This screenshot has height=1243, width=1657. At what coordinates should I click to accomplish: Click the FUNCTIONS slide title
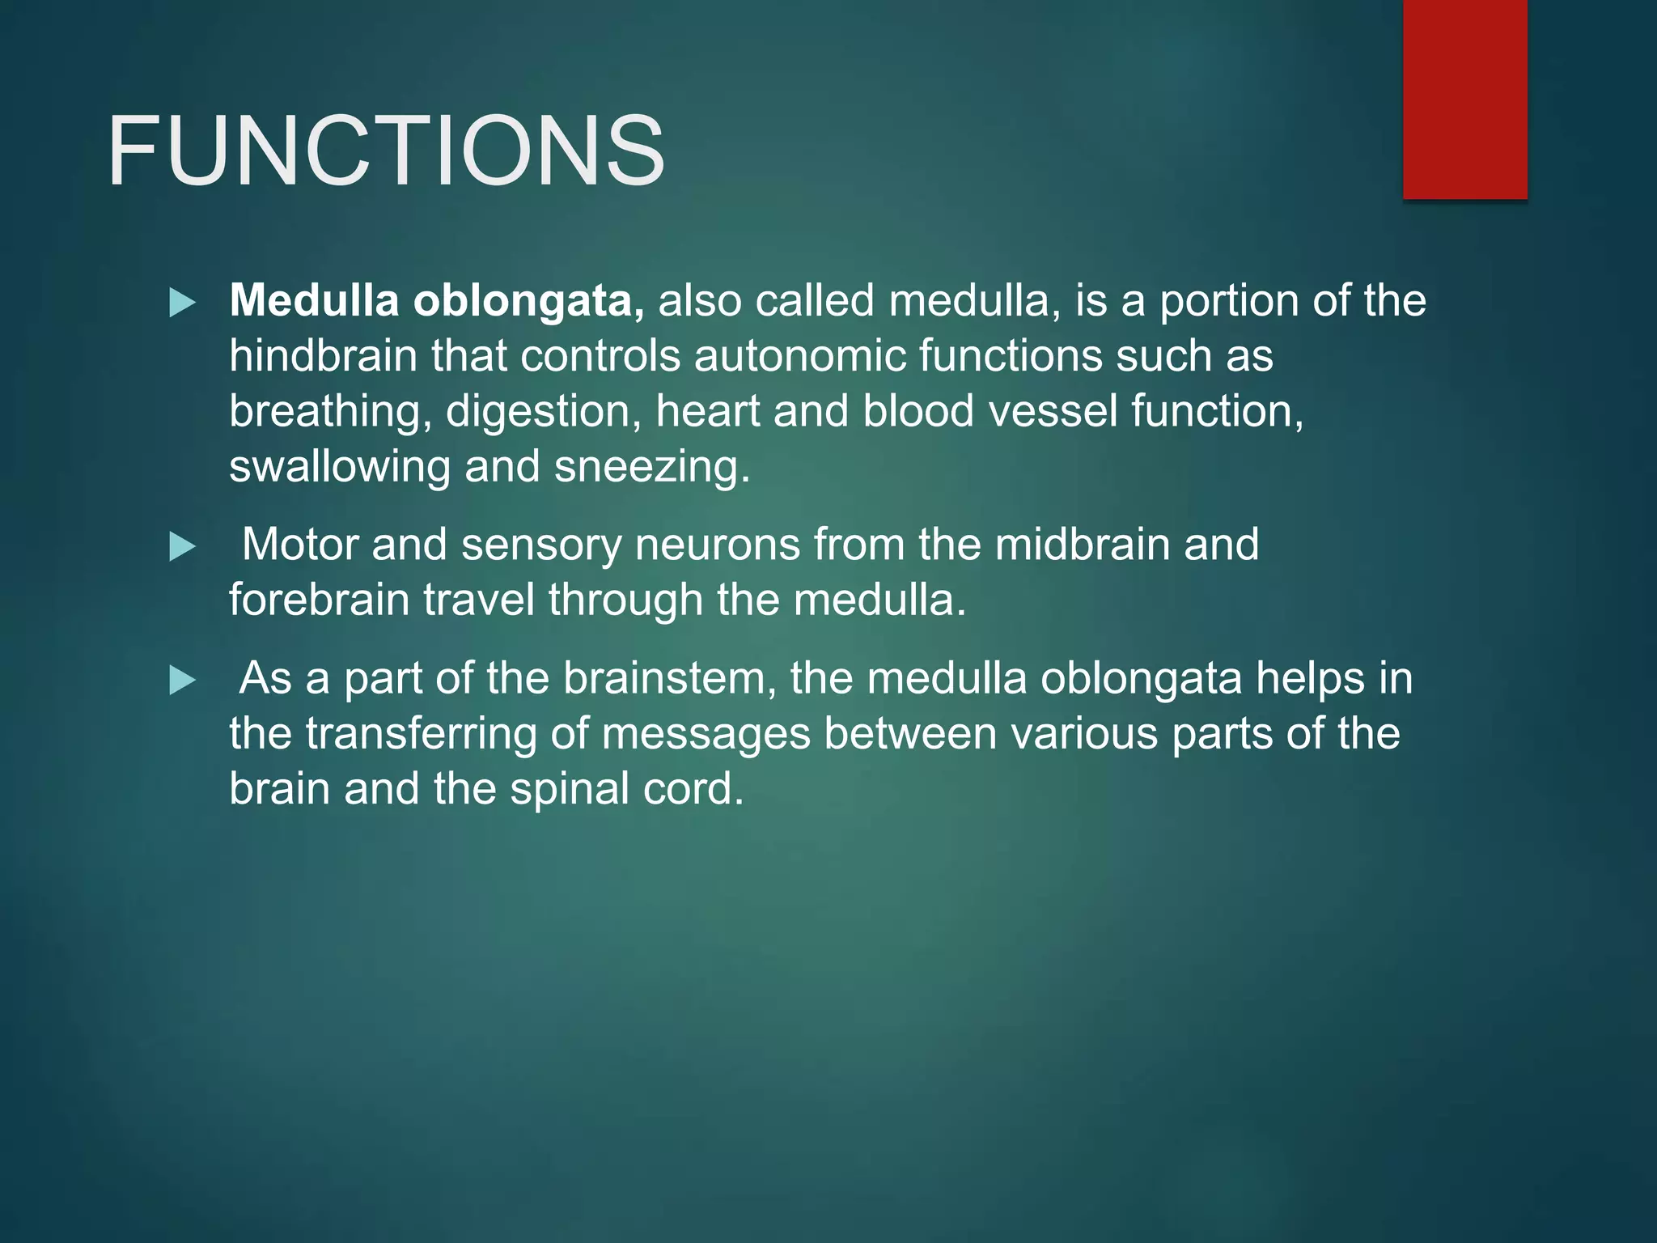click(386, 151)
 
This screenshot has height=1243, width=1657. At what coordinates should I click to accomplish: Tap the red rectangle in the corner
click(1464, 99)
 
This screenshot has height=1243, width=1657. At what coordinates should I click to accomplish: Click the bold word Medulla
click(314, 300)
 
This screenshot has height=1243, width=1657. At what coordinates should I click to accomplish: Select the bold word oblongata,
click(529, 302)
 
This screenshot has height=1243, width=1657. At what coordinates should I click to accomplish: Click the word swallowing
click(340, 468)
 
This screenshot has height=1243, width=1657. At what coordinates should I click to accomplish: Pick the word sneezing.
click(652, 468)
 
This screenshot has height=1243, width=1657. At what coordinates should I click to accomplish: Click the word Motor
click(299, 545)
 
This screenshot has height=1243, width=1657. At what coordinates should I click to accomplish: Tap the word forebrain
click(319, 600)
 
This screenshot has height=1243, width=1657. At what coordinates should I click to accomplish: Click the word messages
click(706, 734)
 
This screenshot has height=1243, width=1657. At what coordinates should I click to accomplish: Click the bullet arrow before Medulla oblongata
click(183, 303)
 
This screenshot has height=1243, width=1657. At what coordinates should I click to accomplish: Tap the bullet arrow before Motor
click(183, 547)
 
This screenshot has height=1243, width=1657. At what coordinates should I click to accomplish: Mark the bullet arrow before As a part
click(183, 681)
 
